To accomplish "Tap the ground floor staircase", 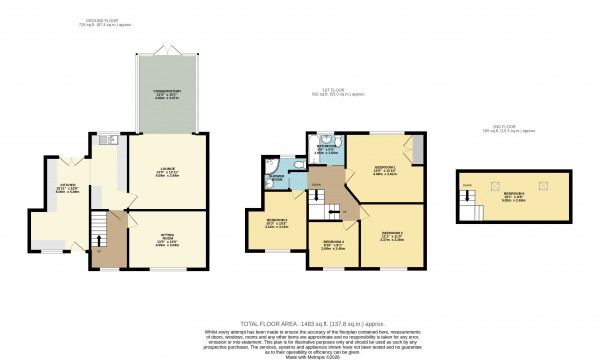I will (98, 232).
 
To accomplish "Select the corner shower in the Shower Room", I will (271, 165).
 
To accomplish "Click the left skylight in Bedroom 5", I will (492, 184).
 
